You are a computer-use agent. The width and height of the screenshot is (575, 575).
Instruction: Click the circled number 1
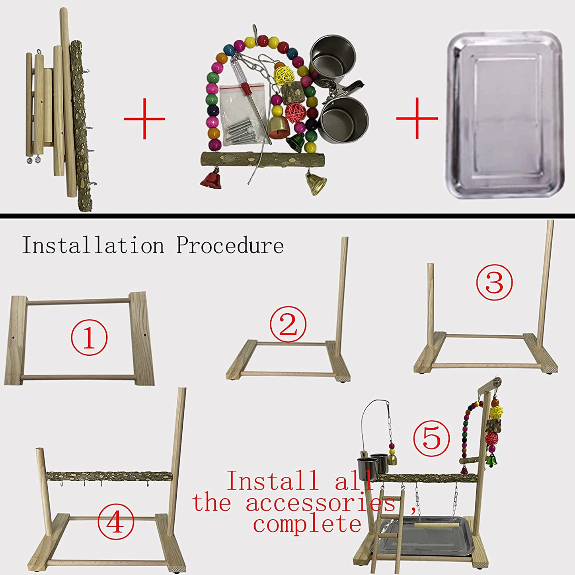89,337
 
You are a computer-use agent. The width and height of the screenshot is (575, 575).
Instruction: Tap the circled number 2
288,324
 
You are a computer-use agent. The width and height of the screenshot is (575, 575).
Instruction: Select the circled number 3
494,282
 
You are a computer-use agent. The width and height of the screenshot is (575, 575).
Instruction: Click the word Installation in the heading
93,245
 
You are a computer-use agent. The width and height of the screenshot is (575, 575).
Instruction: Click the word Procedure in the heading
230,245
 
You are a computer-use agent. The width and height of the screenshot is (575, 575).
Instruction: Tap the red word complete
307,524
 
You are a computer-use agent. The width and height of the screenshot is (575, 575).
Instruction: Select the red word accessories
320,503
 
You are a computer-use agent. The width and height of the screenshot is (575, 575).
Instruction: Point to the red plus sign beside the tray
417,118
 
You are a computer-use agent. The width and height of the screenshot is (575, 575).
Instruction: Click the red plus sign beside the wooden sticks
144,119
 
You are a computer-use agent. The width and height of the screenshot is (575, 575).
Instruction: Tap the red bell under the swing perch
211,179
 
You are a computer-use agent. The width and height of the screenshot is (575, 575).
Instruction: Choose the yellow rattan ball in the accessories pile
283,75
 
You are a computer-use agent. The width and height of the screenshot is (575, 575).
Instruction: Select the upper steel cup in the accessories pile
332,56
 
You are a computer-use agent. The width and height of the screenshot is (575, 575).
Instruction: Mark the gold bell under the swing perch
316,184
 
